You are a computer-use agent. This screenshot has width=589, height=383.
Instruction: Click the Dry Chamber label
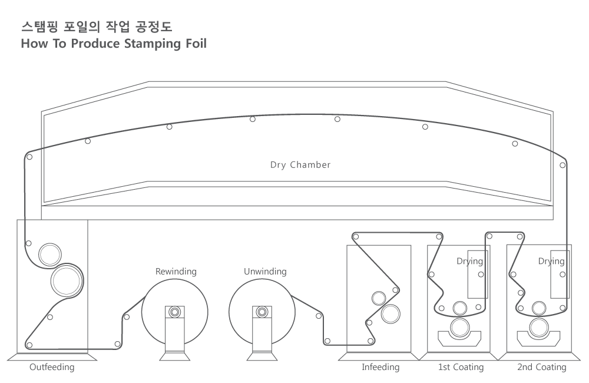tap(300, 165)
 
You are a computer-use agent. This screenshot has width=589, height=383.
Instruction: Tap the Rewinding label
tap(176, 272)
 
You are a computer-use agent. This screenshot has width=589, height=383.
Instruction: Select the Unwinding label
tap(265, 272)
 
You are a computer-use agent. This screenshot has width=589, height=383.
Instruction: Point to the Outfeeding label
tap(52, 367)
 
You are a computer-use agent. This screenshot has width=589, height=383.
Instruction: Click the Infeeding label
tap(380, 367)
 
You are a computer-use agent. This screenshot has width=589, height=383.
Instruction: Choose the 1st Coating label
tap(461, 367)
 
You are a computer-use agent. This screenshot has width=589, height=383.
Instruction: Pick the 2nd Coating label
tap(542, 367)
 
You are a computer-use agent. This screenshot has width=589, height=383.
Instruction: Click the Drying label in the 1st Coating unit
tap(469, 261)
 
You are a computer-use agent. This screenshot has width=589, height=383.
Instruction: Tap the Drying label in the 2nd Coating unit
tap(551, 261)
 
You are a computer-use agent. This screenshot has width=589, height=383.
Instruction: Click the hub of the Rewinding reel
tap(175, 312)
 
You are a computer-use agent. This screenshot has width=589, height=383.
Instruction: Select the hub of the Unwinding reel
tap(262, 312)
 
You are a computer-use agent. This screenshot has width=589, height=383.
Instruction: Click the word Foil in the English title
tap(196, 43)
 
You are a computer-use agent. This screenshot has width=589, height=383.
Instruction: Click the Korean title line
tap(97, 27)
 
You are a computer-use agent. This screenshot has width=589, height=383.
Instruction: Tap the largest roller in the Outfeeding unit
tap(67, 281)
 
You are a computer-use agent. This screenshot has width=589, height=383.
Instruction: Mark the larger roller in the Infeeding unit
tap(391, 314)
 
